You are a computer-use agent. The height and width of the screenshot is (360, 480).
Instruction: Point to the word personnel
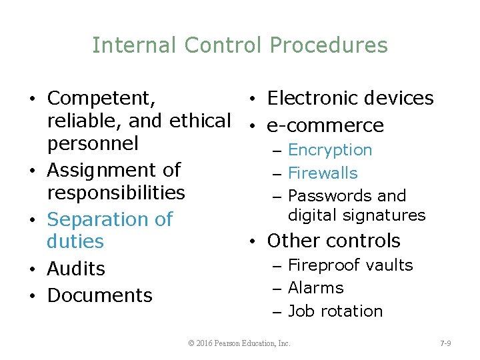[x=93, y=143]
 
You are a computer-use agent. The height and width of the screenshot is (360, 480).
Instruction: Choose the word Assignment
[x=114, y=171]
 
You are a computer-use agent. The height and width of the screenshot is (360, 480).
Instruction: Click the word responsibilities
[x=116, y=193]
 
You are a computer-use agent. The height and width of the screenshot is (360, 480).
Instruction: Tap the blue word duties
[x=75, y=241]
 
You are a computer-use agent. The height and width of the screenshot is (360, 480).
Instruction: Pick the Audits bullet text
[x=76, y=269]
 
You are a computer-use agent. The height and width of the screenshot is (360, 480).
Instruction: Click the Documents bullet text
[x=100, y=295]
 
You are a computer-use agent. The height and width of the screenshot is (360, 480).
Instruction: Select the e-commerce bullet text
[x=325, y=126]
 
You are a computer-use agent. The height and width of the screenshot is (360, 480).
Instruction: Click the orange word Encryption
[x=330, y=151]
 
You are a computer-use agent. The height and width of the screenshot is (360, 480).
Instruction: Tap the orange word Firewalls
[x=323, y=173]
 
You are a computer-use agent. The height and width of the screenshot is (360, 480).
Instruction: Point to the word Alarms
[x=316, y=288]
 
